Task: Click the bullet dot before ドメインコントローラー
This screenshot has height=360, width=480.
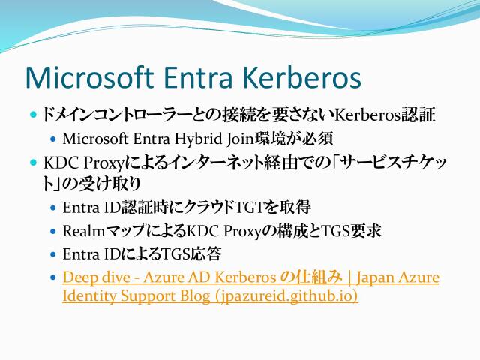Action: tap(34, 115)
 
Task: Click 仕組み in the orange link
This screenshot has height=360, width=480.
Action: tap(308, 277)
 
